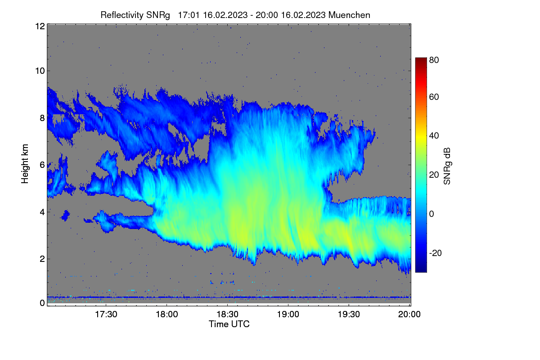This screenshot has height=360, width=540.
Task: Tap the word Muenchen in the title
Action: coord(349,15)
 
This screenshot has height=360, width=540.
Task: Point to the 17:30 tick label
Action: coord(106,315)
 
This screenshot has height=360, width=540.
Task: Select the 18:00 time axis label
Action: coord(166,315)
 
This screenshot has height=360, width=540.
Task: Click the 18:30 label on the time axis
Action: coord(227,315)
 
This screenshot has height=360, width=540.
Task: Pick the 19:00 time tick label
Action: coord(288,315)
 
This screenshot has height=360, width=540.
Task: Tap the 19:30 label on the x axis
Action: coord(349,315)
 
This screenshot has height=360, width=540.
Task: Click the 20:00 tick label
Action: coord(409,315)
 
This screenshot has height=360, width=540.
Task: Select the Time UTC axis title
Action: coord(229,324)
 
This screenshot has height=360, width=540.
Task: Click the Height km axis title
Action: coord(25,164)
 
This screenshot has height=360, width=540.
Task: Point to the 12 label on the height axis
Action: coord(40,26)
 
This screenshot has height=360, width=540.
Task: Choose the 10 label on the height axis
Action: coord(40,71)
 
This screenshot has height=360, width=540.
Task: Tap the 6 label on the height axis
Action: coord(42,165)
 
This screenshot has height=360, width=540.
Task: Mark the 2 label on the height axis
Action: coord(42,259)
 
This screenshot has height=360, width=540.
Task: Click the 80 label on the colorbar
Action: coord(434,60)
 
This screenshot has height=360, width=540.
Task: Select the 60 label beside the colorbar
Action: coord(434,97)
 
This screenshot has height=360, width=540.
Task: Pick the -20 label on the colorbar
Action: coord(436,253)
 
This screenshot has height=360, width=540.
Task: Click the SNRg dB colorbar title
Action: coord(447,166)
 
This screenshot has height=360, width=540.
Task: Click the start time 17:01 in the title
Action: coord(189,15)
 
